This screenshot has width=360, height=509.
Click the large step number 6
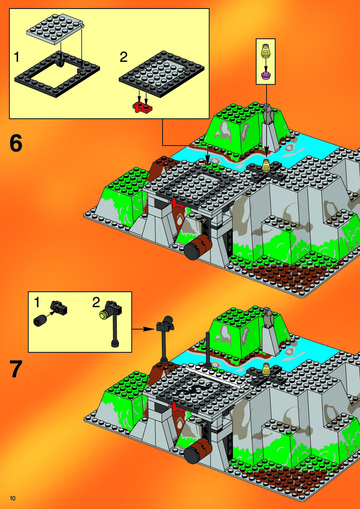16,143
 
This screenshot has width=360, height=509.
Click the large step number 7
16,369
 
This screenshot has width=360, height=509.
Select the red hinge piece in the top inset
142,107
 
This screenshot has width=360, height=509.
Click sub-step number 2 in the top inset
123,57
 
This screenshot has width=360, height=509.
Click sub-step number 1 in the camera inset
36,303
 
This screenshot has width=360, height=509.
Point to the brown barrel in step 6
198,247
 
